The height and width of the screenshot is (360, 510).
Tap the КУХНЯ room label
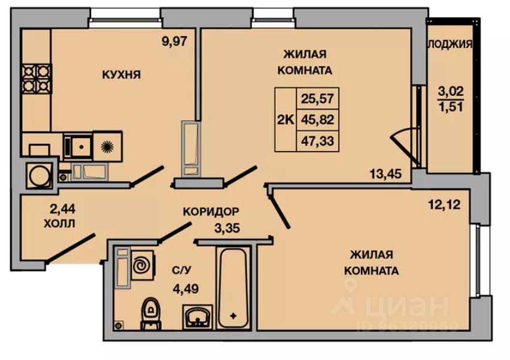point(121,75)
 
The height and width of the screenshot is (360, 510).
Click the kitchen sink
point(78,144)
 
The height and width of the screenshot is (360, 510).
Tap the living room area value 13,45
point(385,174)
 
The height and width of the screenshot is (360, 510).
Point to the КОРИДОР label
point(211,211)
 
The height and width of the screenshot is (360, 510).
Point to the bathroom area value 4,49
point(186,289)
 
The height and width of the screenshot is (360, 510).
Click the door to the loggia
point(403,146)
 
